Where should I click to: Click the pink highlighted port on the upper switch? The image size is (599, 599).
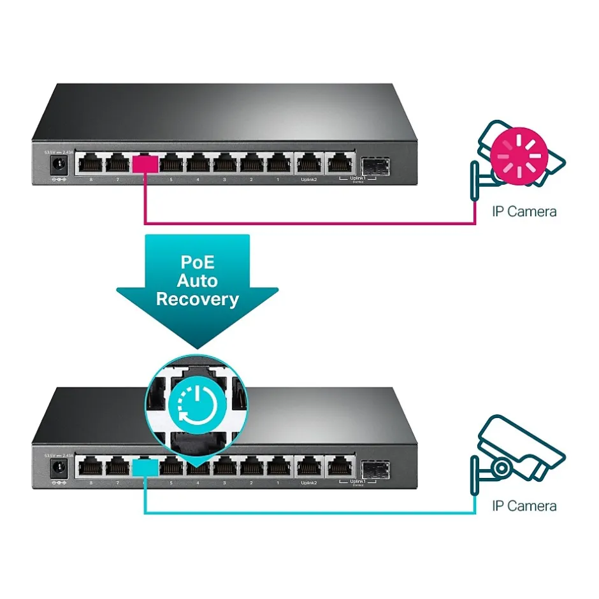point(145,164)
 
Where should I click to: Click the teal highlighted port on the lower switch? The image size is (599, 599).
point(145,467)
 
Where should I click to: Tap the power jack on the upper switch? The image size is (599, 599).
point(59,166)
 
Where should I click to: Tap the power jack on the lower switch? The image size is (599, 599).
point(59,468)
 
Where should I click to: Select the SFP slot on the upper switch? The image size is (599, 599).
point(373,166)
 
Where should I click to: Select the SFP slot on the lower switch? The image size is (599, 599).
point(373,468)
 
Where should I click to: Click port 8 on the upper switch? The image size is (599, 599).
point(91,165)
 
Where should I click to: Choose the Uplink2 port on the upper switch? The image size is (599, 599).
point(308,165)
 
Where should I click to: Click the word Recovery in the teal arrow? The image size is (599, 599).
point(198,299)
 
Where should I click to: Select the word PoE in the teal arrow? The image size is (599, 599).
point(198,262)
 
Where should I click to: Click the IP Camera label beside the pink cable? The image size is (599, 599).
point(524,212)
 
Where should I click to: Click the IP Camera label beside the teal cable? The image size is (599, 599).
point(524,506)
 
